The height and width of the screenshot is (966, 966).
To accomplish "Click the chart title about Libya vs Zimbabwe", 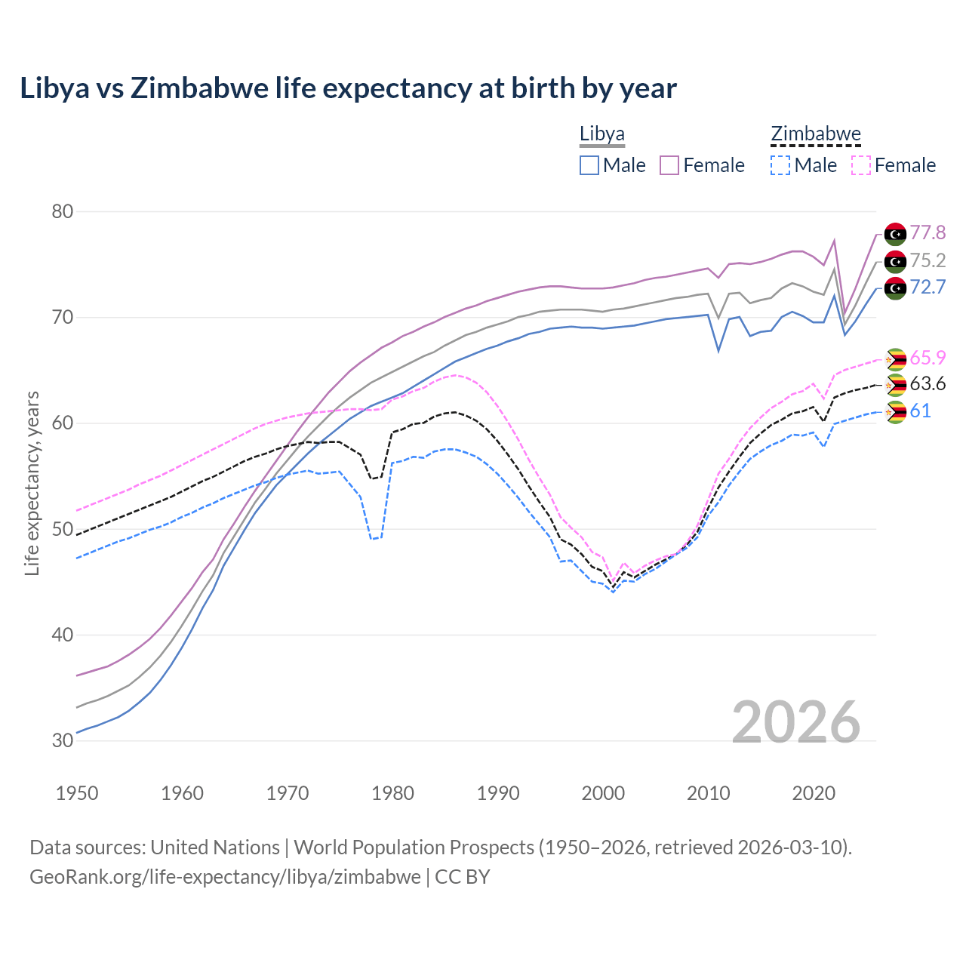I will click(348, 88).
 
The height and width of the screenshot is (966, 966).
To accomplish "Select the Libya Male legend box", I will click(589, 165).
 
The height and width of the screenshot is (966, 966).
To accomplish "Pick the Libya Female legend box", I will click(669, 165).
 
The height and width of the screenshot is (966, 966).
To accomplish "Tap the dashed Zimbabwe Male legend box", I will click(780, 165).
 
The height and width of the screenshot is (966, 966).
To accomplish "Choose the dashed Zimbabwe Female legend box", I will click(861, 165).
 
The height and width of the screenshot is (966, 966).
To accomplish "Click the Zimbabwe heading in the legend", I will click(815, 134).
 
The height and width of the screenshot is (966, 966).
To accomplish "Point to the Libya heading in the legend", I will click(601, 134).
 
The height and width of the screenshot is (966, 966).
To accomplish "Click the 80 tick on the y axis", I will click(62, 211).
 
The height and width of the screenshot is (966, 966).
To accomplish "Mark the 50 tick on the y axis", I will click(62, 529).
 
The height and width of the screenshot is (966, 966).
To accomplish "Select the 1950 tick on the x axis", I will click(77, 793).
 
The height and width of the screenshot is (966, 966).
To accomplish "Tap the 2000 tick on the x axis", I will click(603, 793).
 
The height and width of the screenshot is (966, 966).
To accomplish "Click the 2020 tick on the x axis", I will click(814, 793).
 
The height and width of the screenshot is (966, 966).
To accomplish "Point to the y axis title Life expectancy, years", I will click(32, 483).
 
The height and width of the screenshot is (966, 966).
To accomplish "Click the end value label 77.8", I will click(928, 233).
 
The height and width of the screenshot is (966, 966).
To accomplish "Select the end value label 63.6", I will click(928, 384).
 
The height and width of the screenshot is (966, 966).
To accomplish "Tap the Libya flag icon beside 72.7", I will click(895, 288).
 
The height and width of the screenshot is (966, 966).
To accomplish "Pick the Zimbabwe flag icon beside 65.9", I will click(895, 358).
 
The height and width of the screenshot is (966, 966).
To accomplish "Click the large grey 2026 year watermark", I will click(796, 722).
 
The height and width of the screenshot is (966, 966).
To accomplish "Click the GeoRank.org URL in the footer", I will click(225, 877).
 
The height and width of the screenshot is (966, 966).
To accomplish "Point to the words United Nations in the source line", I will click(215, 848).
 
